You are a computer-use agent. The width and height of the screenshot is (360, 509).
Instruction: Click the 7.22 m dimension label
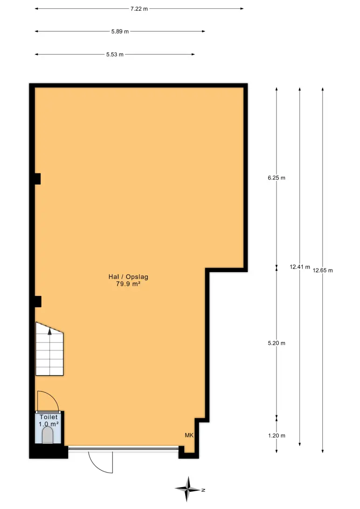(x=139, y=9)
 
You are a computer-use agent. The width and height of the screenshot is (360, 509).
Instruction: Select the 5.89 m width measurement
(x=120, y=32)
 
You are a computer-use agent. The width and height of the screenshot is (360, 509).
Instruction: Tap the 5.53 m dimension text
(x=115, y=55)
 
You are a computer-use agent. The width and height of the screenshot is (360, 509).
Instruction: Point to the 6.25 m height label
(x=277, y=178)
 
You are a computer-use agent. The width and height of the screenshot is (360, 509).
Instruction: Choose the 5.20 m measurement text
(x=277, y=343)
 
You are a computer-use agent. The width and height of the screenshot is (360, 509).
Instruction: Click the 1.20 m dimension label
(x=277, y=436)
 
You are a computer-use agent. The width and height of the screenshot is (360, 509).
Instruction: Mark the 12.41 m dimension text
(x=300, y=267)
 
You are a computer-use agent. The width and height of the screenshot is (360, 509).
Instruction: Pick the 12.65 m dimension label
(x=323, y=270)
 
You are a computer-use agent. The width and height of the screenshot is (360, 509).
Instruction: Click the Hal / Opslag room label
(x=128, y=277)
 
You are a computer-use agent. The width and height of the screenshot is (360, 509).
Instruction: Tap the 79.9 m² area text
(x=128, y=284)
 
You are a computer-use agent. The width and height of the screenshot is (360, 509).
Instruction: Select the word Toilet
(x=48, y=417)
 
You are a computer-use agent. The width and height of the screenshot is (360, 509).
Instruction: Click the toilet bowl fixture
(x=48, y=435)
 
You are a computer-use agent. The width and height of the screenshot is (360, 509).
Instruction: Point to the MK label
(x=189, y=435)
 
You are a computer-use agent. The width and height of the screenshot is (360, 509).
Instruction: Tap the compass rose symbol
(x=187, y=489)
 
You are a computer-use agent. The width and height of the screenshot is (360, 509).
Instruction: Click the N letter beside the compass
(x=203, y=490)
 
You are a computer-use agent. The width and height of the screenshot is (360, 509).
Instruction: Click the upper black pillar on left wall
(x=38, y=179)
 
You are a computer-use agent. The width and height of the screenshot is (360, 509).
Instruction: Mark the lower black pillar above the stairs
(x=38, y=302)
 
